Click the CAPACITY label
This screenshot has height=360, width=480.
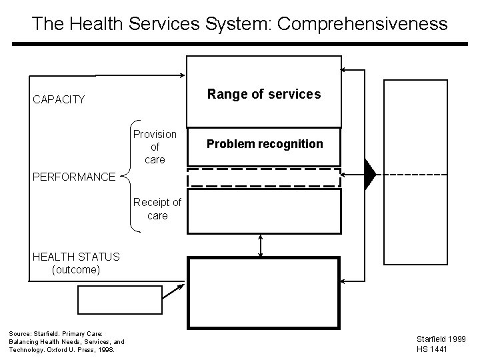pyautogui.click(x=59, y=100)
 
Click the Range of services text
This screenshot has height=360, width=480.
pyautogui.click(x=264, y=94)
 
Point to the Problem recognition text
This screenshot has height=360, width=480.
pyautogui.click(x=264, y=144)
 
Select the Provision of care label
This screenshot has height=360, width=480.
pyautogui.click(x=155, y=147)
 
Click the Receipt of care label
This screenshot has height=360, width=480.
pyautogui.click(x=157, y=209)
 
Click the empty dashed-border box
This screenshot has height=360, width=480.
pyautogui.click(x=264, y=177)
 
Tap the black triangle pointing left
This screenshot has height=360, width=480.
pyautogui.click(x=370, y=175)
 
